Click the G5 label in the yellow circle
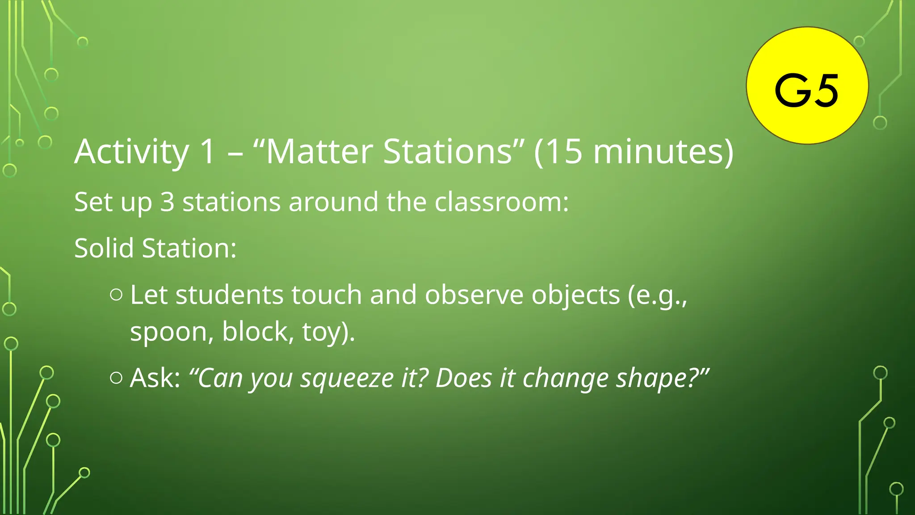tap(806, 91)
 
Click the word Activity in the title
tap(132, 152)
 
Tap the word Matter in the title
tap(319, 152)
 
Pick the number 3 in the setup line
tap(167, 202)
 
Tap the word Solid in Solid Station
tap(104, 248)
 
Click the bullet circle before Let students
tap(116, 295)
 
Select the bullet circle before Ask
tap(116, 378)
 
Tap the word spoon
tap(168, 332)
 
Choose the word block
tap(255, 332)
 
